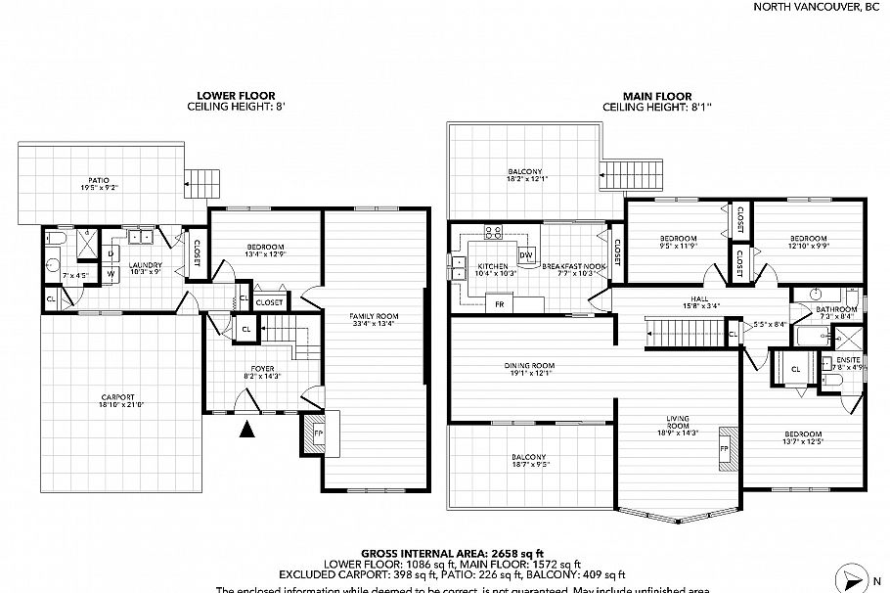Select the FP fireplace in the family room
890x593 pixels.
319,432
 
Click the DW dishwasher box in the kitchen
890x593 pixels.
525,255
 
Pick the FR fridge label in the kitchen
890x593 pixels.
500,304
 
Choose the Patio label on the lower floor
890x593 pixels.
100,183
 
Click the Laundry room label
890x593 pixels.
146,266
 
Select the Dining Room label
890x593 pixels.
529,368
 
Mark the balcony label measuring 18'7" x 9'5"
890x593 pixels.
529,461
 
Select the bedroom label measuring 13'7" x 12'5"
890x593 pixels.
802,437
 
